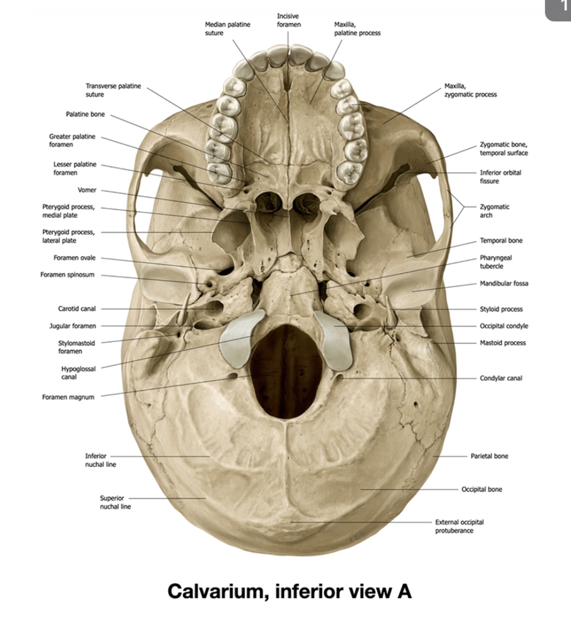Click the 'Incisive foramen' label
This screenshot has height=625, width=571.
pos(288,20)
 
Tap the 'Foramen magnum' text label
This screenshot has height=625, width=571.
pos(68,397)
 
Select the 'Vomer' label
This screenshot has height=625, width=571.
pos(87,190)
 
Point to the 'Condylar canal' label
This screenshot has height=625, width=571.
pos(501,378)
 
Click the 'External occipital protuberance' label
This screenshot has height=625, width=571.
pos(459,527)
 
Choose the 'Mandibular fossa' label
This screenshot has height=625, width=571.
pos(504,283)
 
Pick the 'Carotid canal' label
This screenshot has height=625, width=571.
pos(77,309)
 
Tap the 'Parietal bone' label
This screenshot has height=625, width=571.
pos(489,456)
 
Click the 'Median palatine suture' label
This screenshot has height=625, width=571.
pos(227,29)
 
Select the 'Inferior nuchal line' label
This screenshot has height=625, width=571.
pos(100,460)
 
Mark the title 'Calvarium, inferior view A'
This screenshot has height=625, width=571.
pos(289,592)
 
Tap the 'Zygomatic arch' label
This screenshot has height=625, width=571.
pos(494,211)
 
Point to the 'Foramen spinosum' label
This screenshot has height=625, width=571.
pos(67,275)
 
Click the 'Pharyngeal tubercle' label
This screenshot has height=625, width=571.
pos(495,262)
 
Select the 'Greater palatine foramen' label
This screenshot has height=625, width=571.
pos(72,140)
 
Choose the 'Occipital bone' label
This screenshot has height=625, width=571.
pos(482,489)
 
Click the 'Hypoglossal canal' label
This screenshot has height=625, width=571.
pos(78,373)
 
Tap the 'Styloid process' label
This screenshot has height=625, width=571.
pos(501,309)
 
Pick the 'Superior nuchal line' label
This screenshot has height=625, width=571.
pos(115,503)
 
